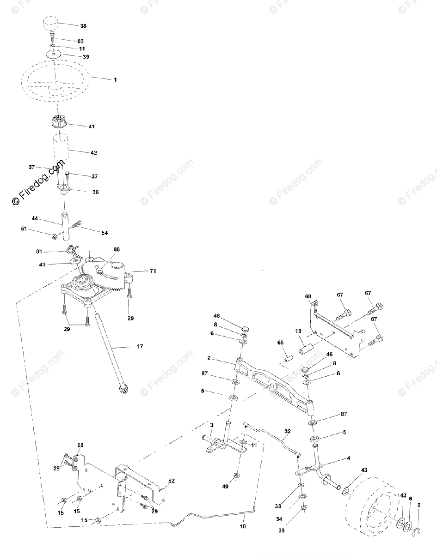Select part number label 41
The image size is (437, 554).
[92, 126]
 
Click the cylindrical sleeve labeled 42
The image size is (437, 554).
[61, 147]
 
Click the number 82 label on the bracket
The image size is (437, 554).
[171, 481]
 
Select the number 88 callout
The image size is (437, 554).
[117, 249]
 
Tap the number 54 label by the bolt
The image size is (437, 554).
[105, 233]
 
